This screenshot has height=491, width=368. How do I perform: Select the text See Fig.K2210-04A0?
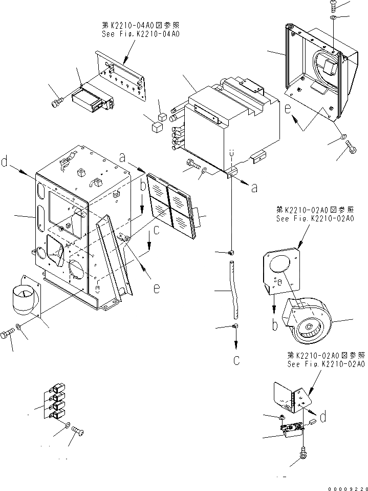(142, 34)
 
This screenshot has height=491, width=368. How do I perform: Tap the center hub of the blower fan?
(309, 325)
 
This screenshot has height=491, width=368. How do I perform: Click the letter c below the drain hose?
(236, 360)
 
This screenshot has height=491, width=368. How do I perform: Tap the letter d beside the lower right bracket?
(323, 418)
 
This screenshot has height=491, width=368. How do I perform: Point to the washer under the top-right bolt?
(333, 18)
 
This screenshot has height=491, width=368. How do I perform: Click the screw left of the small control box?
(56, 103)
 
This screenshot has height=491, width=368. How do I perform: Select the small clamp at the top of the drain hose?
(231, 252)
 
